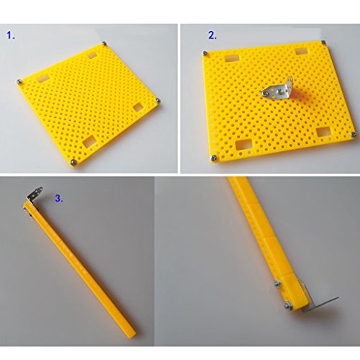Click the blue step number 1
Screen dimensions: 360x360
coord(11,35)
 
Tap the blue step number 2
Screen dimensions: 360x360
coord(212,35)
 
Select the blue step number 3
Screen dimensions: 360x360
coord(59,198)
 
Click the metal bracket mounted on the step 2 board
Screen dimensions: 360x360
coord(279,91)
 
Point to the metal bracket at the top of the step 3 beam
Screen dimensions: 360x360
coord(34,194)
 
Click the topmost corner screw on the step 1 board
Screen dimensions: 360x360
coord(104,43)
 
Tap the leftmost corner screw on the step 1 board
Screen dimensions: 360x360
coord(19,82)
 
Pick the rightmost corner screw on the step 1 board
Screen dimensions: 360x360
coord(158,100)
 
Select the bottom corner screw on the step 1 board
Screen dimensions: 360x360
coord(73,162)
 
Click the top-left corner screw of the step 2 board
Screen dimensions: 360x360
coord(205,53)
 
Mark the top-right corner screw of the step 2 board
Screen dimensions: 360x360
coord(323,42)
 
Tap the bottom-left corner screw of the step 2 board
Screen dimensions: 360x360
coord(213,158)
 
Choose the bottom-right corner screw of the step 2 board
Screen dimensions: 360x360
coord(353,135)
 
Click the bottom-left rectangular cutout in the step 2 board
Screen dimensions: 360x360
coord(244,145)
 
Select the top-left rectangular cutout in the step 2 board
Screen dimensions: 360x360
coord(233,59)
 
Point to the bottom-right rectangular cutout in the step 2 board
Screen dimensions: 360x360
coord(323,132)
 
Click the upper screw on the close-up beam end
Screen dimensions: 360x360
coord(278,284)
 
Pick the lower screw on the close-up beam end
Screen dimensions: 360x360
coord(288,306)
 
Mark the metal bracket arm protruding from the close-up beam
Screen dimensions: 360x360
coord(321,303)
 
